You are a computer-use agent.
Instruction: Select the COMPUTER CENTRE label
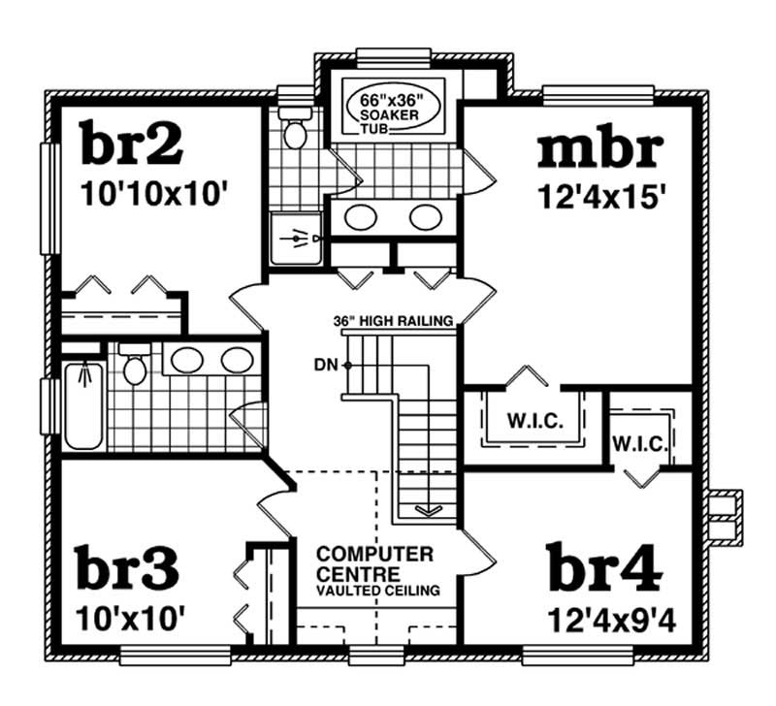(x=375, y=562)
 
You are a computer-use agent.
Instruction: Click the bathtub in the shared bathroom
(x=83, y=404)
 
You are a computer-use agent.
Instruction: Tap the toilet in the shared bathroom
(x=134, y=366)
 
